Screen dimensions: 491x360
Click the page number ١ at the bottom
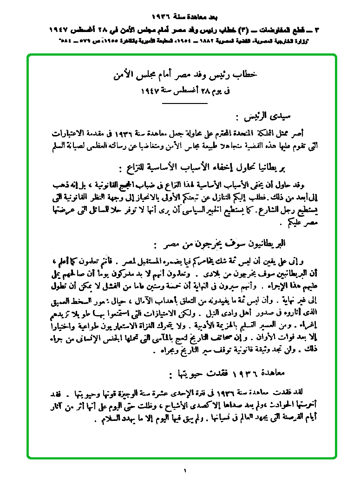point(185,472)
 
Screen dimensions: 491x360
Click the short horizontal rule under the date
point(185,102)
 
